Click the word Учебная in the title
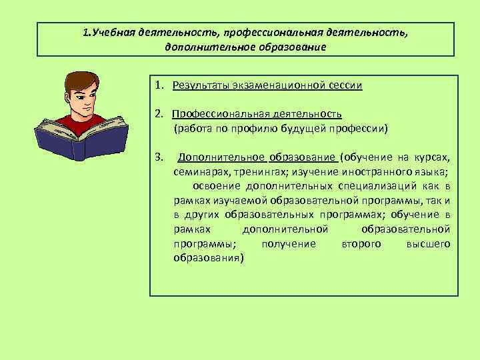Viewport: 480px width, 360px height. click(115, 33)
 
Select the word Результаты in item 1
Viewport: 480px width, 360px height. click(198, 85)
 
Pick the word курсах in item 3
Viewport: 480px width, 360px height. click(433, 157)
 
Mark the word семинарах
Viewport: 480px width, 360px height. click(197, 171)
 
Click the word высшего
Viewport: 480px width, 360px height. click(428, 244)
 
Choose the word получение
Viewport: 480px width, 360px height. click(289, 244)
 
